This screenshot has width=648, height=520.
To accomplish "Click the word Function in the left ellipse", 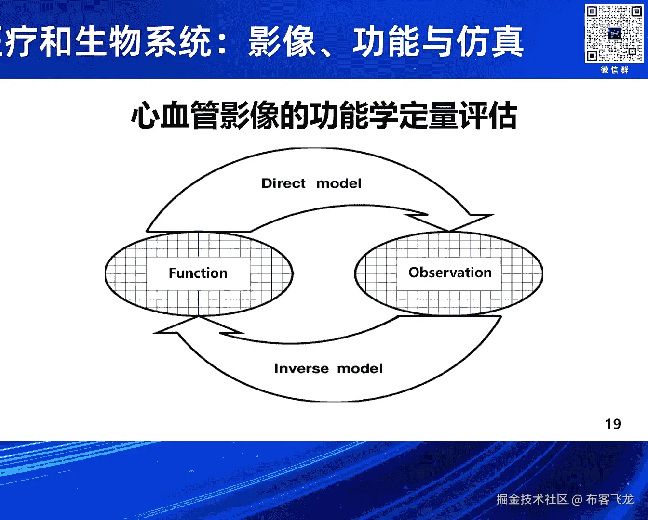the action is (x=198, y=273).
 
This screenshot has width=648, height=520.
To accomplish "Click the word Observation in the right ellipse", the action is (x=450, y=273).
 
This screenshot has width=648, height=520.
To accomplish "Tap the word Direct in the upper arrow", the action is (x=283, y=183).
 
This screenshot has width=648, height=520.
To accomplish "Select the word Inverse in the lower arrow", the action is (x=301, y=369).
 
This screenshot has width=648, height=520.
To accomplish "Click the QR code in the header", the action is (x=614, y=33).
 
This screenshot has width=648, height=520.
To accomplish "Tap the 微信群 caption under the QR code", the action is (x=614, y=70).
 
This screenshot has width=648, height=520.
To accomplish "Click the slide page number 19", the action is (x=613, y=424).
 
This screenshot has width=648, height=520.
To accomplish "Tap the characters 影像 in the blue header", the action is (x=282, y=42).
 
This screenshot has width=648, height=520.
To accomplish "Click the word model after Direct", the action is (x=338, y=183).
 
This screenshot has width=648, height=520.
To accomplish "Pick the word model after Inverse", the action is (x=360, y=369).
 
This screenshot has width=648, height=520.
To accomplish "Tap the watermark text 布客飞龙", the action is (x=609, y=500).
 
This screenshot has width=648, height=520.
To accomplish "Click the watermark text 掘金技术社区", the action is (x=532, y=500).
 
